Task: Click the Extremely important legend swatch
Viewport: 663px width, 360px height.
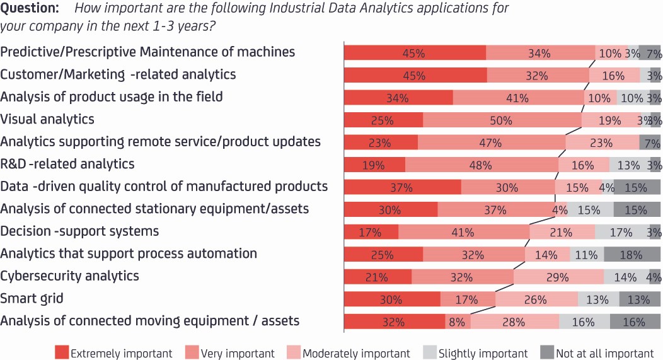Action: pyautogui.click(x=62, y=352)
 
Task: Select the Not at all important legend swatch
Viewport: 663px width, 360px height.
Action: pyautogui.click(x=547, y=352)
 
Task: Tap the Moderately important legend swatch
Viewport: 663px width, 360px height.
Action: pyautogui.click(x=294, y=352)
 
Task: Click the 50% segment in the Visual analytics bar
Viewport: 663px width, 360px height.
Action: pyautogui.click(x=502, y=120)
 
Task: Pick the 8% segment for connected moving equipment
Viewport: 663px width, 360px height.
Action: pyautogui.click(x=458, y=322)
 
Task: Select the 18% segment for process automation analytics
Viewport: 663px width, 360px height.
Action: pyautogui.click(x=632, y=254)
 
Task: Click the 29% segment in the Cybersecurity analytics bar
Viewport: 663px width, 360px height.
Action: pyautogui.click(x=558, y=277)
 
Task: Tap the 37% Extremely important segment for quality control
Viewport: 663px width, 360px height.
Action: pyautogui.click(x=403, y=187)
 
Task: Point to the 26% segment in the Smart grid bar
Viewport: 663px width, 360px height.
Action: pyautogui.click(x=536, y=299)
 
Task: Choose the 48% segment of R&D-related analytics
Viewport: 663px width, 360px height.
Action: pyautogui.click(x=481, y=165)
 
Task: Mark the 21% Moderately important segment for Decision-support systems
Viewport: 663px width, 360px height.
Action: pyautogui.click(x=562, y=232)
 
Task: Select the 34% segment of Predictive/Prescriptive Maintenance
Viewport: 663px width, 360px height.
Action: pyautogui.click(x=540, y=53)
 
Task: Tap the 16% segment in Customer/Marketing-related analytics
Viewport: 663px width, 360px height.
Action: pyautogui.click(x=614, y=75)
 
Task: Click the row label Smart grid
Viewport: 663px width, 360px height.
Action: pyautogui.click(x=32, y=299)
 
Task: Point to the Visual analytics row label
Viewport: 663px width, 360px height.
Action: pyautogui.click(x=47, y=119)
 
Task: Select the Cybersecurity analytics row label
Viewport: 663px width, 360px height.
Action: pyautogui.click(x=69, y=276)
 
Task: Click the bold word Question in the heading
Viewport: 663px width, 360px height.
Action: pyautogui.click(x=30, y=8)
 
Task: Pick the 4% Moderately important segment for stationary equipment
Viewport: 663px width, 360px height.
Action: pyautogui.click(x=561, y=209)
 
